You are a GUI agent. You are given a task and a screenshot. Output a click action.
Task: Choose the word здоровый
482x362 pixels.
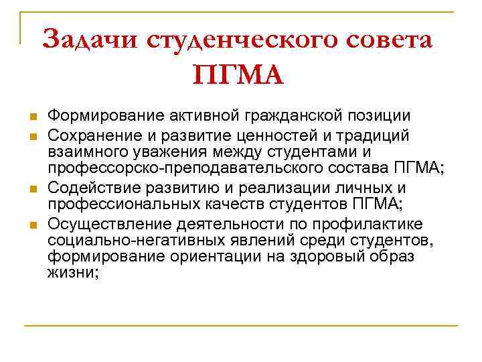331,257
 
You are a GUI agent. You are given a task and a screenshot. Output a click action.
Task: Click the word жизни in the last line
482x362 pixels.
72,274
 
